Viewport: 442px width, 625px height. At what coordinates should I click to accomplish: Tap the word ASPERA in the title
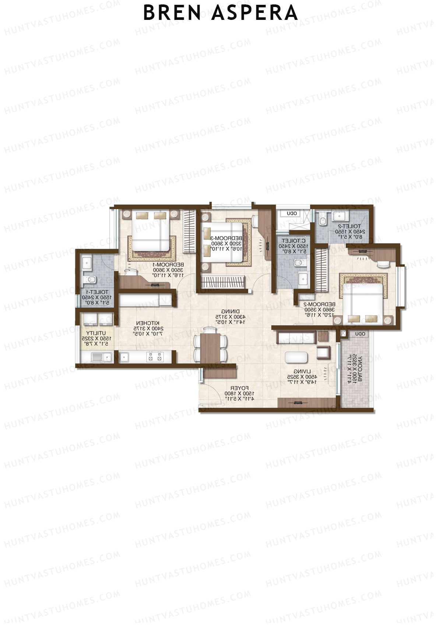255,13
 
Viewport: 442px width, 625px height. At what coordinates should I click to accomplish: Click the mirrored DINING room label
230,312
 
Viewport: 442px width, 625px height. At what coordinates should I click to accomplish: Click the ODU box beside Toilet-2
292,214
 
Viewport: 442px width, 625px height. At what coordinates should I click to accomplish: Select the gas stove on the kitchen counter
154,357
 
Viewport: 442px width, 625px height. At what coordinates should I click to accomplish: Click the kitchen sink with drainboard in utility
102,357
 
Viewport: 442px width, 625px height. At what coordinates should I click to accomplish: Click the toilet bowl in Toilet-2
323,221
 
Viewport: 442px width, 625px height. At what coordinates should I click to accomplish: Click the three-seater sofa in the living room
297,337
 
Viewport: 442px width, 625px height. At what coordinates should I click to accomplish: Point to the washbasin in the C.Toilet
303,277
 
